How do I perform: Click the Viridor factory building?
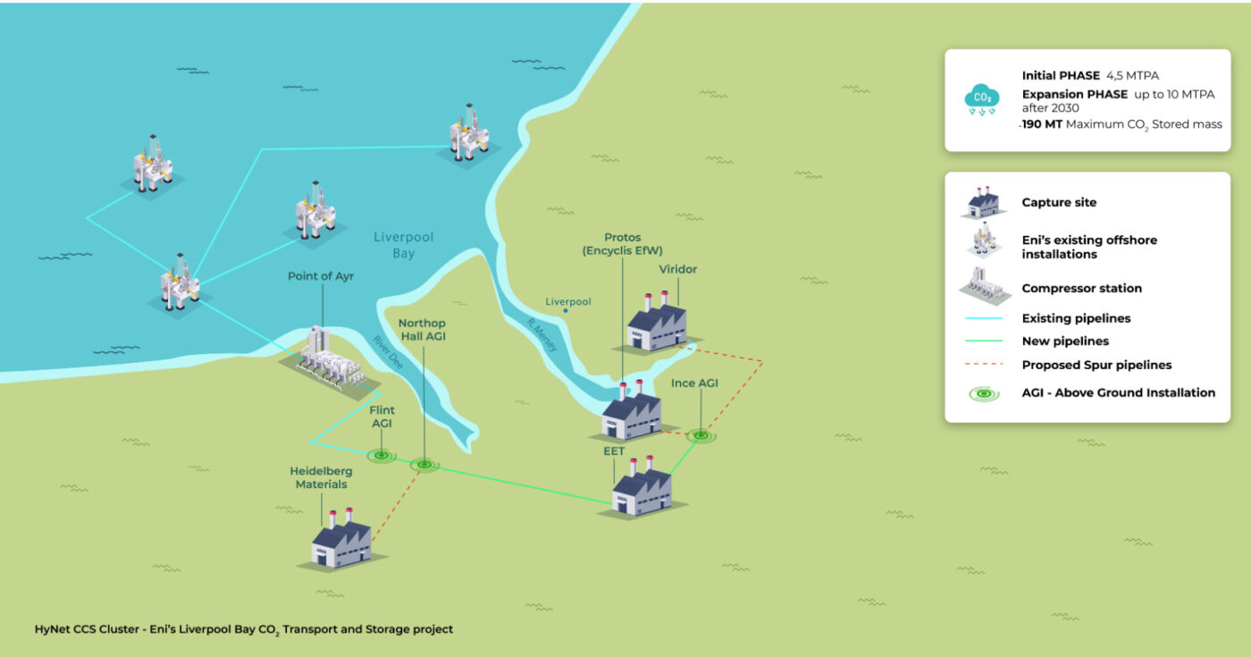657,323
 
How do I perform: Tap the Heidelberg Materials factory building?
341,540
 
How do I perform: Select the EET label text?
614,451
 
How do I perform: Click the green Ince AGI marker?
701,435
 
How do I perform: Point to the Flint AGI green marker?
382,456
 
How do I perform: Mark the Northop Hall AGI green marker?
424,464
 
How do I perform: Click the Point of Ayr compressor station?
330,362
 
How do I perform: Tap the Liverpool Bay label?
403,245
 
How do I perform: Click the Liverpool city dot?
566,311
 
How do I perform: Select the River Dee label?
388,352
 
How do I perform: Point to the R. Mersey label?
542,334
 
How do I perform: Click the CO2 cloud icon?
982,99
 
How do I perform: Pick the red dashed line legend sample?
984,365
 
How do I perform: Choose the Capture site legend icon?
983,202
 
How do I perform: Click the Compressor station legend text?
1082,288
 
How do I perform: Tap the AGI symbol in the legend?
984,393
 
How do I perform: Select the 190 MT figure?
1042,124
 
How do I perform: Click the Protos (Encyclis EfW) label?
622,243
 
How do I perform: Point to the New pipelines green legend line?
984,341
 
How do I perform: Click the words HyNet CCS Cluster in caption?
87,629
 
